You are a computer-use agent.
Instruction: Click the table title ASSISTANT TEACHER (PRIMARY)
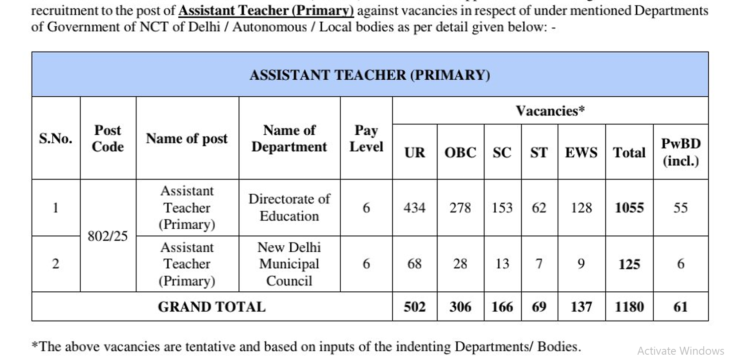click(370, 75)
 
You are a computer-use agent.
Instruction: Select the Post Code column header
click(108, 138)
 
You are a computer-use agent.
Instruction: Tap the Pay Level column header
click(366, 138)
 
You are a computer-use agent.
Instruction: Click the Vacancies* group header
click(550, 110)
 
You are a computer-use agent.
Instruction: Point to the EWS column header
click(581, 153)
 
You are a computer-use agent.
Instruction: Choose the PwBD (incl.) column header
click(681, 152)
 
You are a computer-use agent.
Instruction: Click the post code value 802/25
click(108, 236)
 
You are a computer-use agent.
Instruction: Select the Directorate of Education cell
click(289, 207)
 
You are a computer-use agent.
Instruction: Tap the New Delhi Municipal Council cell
click(289, 264)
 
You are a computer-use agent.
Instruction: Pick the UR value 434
click(414, 207)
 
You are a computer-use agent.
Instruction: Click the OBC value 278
click(460, 207)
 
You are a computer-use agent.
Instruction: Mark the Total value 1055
click(629, 207)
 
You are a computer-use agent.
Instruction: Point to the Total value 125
click(629, 264)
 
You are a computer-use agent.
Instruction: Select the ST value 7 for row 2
click(539, 264)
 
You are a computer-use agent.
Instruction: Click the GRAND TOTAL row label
click(212, 307)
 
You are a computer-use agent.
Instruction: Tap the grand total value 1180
click(629, 307)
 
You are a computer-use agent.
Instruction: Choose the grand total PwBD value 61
click(680, 307)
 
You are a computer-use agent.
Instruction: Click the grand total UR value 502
click(414, 307)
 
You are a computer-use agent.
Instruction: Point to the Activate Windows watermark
click(680, 351)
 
